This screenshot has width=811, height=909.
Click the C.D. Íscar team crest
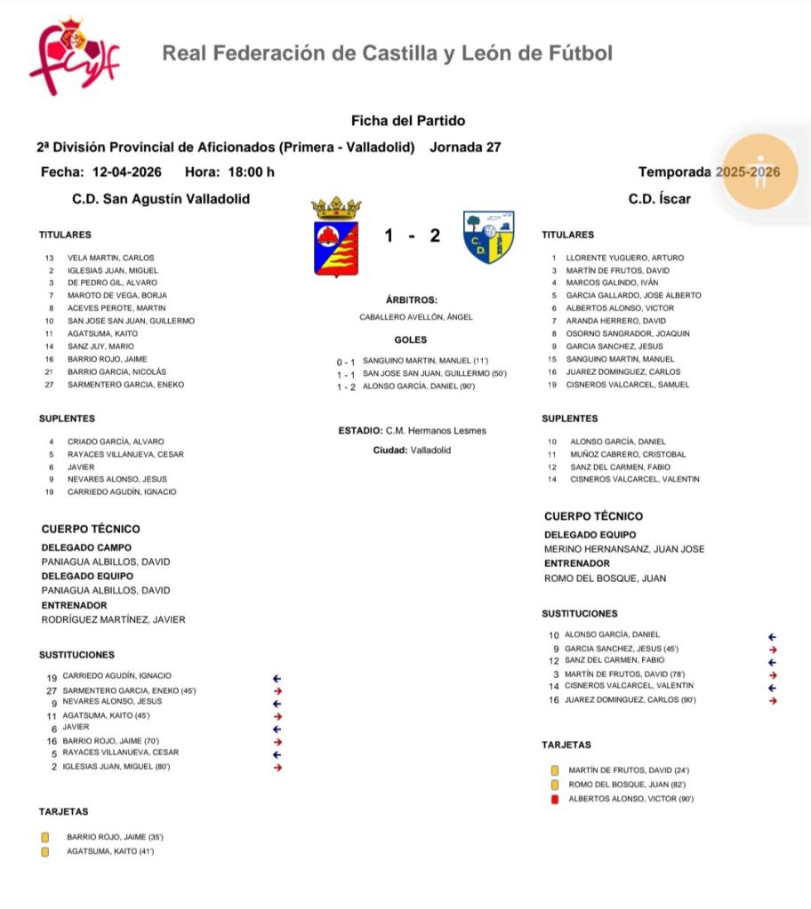(488, 236)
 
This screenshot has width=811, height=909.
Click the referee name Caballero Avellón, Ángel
(416, 316)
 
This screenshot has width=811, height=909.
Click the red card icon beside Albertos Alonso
(555, 799)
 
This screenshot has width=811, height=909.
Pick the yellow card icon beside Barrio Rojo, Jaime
(45, 837)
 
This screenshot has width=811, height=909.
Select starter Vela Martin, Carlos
(110, 258)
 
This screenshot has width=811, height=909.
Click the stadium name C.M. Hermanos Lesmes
(436, 431)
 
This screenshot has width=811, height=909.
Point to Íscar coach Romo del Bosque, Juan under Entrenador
(605, 578)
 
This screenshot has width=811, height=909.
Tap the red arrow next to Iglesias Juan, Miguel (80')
(277, 767)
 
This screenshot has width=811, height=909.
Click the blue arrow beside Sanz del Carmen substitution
(772, 662)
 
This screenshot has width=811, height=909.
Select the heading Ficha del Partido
(408, 121)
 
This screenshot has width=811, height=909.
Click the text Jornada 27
(465, 148)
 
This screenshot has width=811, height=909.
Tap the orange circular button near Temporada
(759, 171)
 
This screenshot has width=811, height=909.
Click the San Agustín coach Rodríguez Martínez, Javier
(114, 619)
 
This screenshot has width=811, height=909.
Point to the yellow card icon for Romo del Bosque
(555, 785)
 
